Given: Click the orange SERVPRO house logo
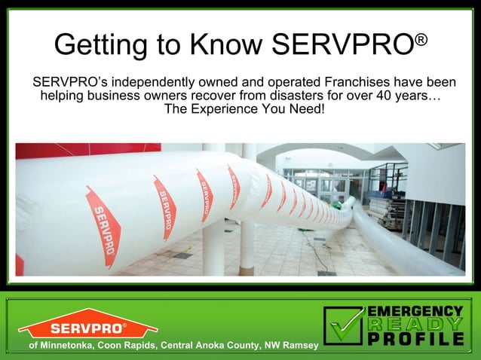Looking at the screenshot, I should tap(88, 324).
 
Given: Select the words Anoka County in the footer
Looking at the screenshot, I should tap(229, 345).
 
